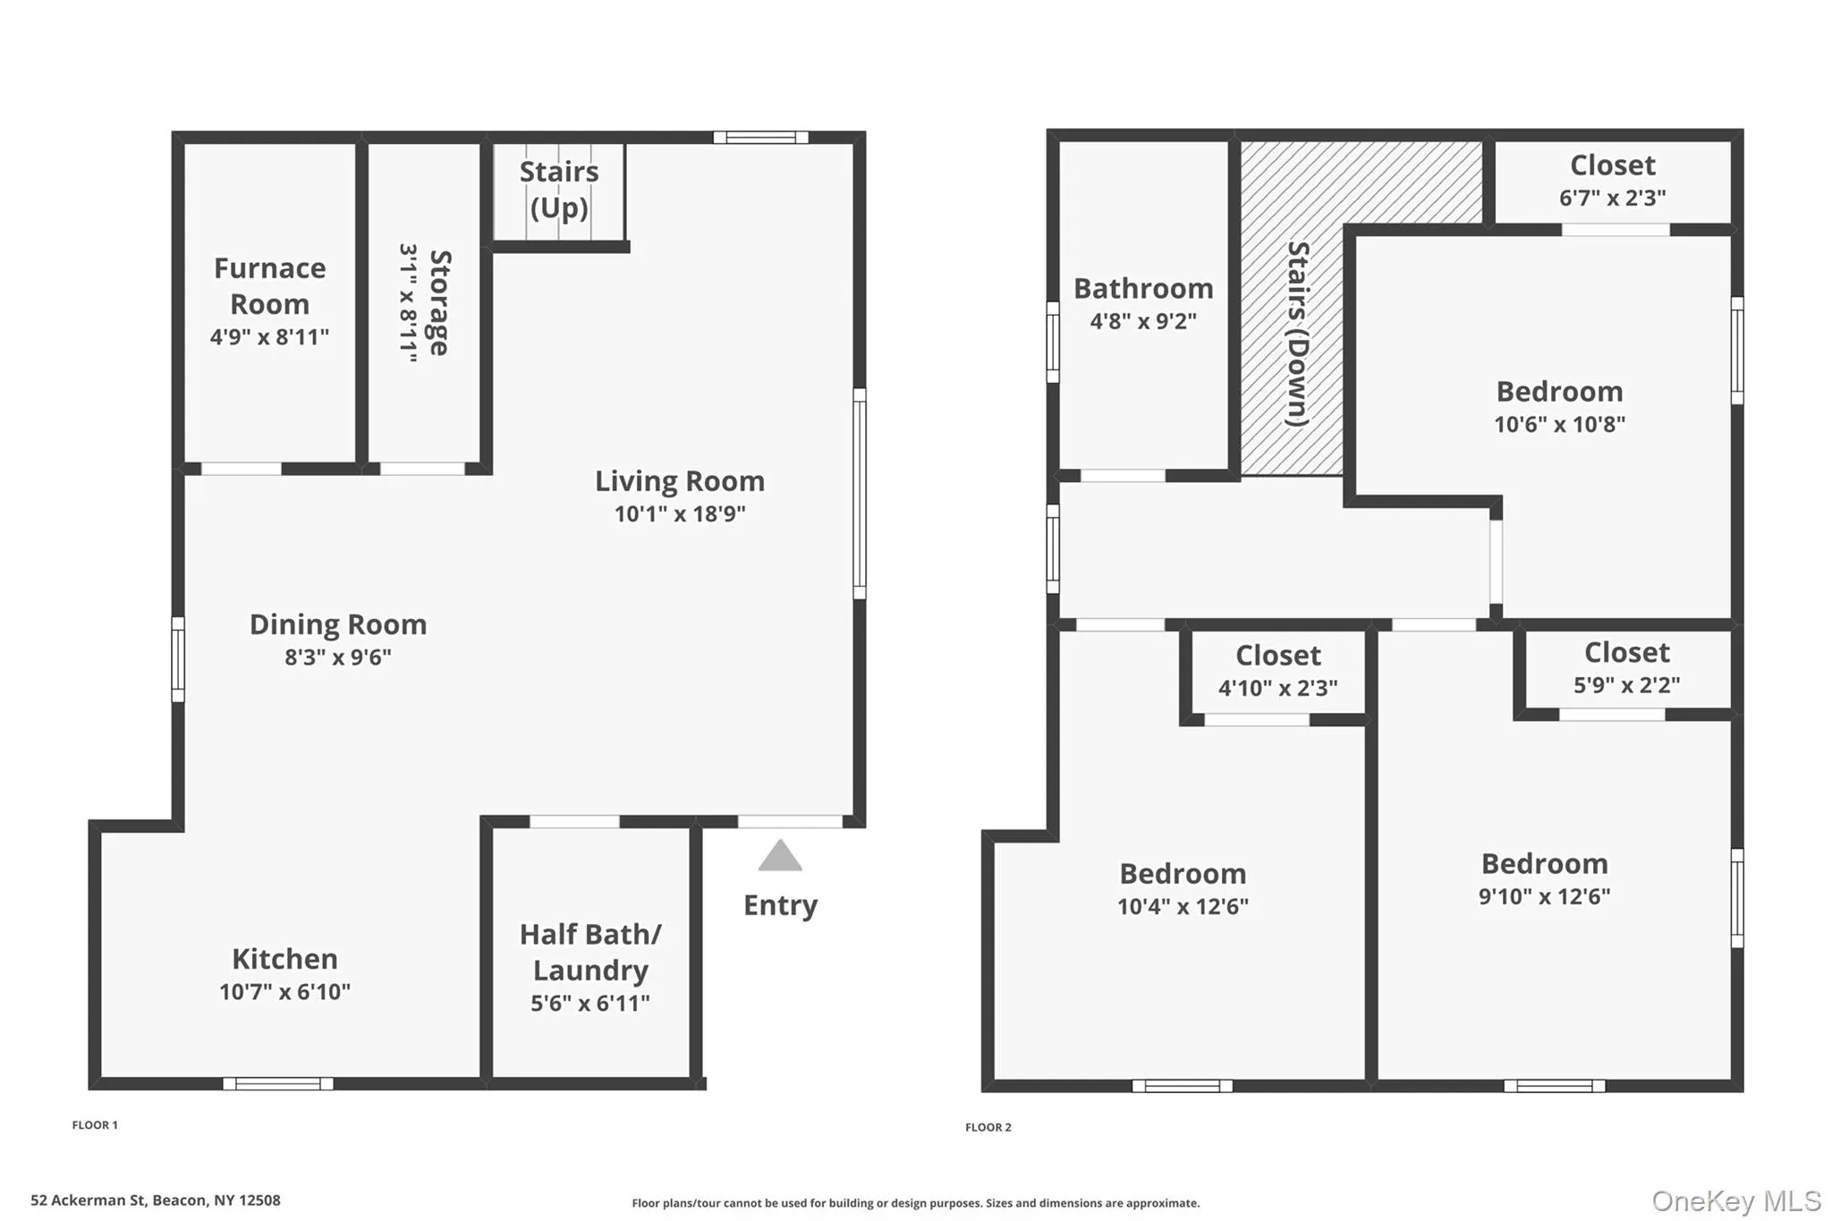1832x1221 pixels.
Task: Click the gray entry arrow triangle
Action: (x=780, y=857)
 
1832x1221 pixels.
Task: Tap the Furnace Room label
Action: (x=269, y=286)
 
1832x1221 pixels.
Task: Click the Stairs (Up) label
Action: (x=559, y=190)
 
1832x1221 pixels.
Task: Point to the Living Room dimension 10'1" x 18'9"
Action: (x=680, y=514)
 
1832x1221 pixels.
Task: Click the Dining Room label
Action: (x=338, y=624)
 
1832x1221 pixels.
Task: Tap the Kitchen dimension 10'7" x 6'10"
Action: (x=284, y=992)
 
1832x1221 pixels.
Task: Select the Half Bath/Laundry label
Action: (x=590, y=953)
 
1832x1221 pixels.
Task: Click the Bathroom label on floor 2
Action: (x=1143, y=289)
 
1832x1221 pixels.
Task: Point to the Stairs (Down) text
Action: (x=1298, y=334)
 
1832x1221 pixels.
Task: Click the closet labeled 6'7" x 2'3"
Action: (x=1613, y=181)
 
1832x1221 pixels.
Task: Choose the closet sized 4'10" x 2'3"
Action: (x=1277, y=671)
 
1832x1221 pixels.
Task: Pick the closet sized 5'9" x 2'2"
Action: (x=1626, y=668)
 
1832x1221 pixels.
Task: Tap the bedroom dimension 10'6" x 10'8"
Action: (x=1559, y=425)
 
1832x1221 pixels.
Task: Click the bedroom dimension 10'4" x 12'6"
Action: (x=1183, y=907)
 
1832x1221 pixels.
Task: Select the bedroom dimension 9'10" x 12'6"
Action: (x=1544, y=897)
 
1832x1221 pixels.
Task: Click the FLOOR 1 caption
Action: (x=95, y=1125)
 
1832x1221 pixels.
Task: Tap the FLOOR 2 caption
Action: (x=988, y=1127)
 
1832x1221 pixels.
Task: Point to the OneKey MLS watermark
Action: (x=1735, y=1200)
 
